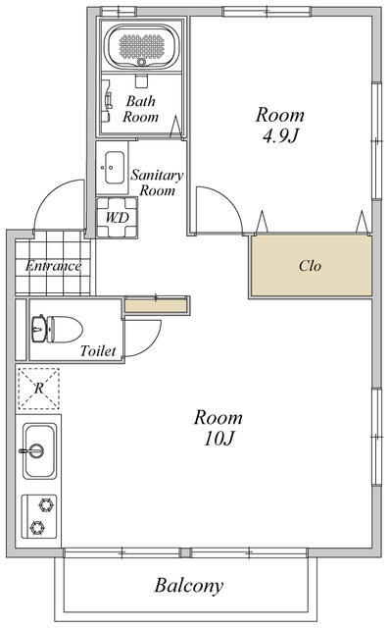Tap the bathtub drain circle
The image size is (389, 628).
coord(141,62)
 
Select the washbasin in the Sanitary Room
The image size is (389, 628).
coord(115,168)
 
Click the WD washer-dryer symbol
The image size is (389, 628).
coord(118,218)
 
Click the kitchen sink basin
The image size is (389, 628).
coord(39,451)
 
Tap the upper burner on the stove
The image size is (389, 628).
coord(47,504)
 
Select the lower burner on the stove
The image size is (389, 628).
coord(37,528)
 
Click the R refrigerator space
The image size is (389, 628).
coord(39,389)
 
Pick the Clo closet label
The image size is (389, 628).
coord(310,266)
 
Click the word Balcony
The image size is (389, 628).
coord(189,587)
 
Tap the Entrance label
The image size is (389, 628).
coord(53,266)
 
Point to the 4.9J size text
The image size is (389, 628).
coord(280,136)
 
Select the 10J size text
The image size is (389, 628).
coord(219,439)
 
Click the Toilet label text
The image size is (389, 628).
coord(98,351)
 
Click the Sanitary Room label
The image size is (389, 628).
coord(157,183)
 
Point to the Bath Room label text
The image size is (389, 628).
coord(141,109)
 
